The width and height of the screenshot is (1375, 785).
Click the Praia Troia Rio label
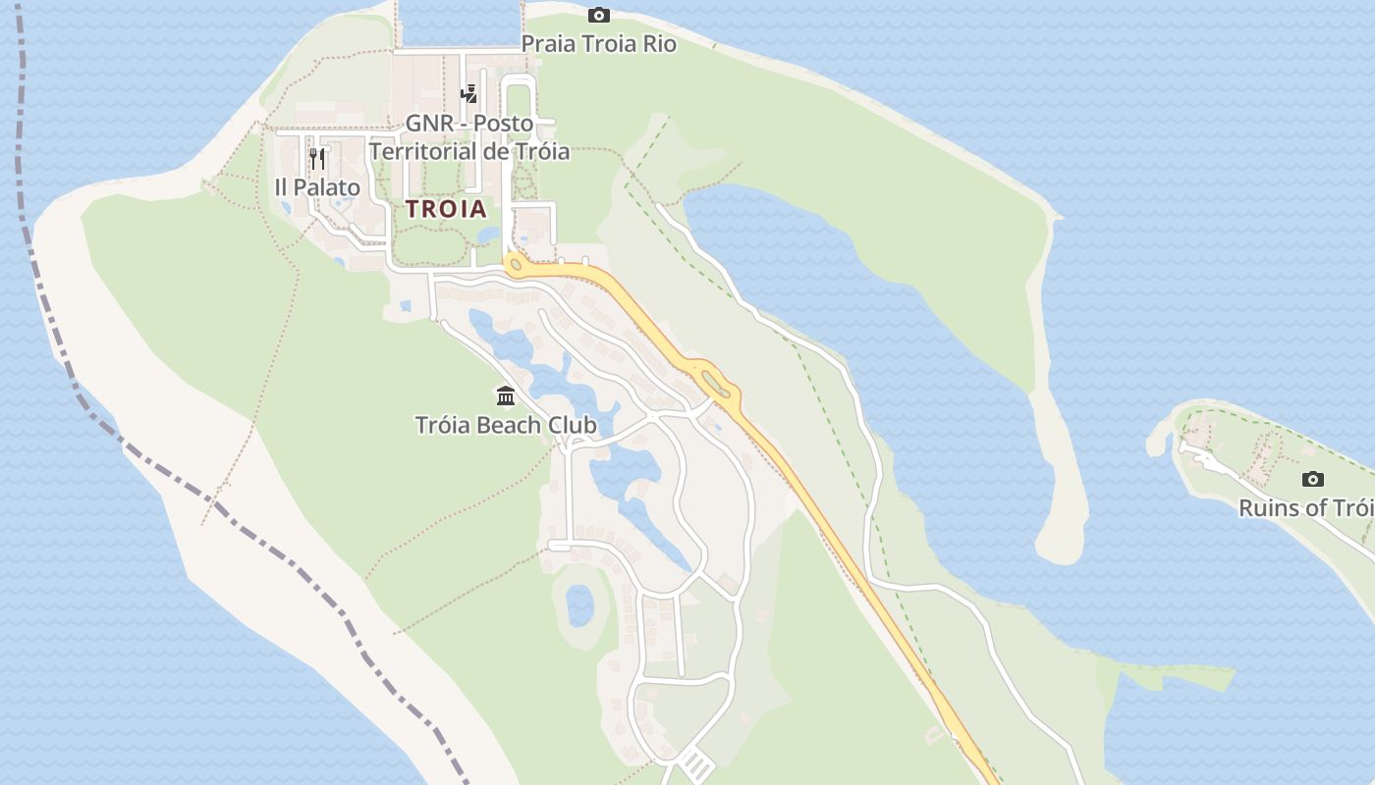pos(598,44)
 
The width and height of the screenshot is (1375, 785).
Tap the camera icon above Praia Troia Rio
pos(598,15)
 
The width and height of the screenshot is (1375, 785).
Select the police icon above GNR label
pos(469,94)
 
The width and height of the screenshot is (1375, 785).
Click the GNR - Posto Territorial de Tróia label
pos(469,137)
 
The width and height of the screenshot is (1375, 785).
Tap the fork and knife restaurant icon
pos(317,159)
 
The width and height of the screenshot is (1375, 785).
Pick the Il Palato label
pos(317,187)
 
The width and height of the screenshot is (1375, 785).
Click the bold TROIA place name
pos(446,209)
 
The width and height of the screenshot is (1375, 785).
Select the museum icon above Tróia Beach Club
pos(506,395)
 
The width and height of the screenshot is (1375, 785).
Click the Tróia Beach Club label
pos(506,425)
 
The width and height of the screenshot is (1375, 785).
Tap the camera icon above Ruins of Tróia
pos(1312,479)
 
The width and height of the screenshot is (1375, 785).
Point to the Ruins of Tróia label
pos(1306,508)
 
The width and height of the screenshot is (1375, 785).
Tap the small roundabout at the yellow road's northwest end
pos(515,263)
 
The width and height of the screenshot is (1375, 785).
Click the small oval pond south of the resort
pos(579,605)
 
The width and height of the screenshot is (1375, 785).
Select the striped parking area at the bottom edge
pos(696,764)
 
